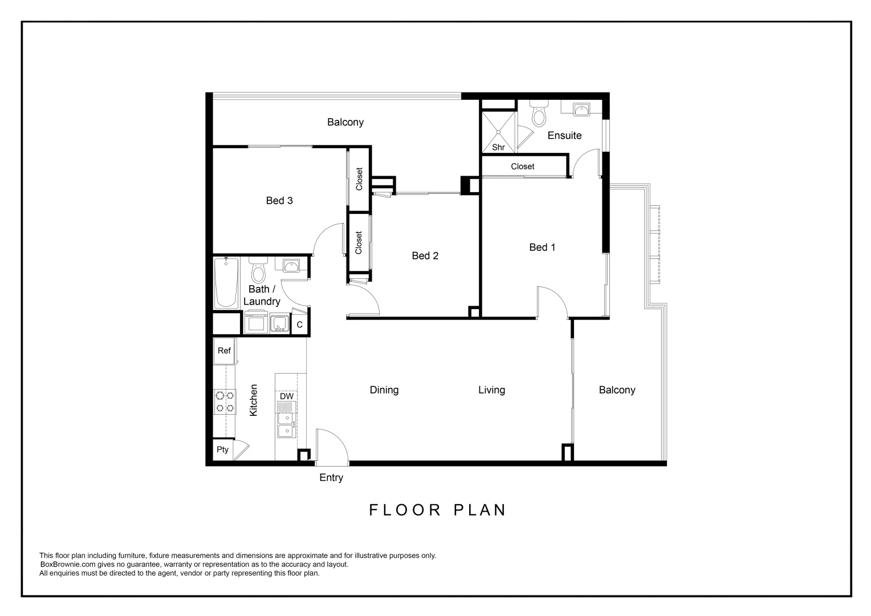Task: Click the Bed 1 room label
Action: tap(542, 247)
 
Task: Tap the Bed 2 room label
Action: tap(425, 256)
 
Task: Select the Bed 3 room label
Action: tap(279, 200)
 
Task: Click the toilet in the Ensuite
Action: tap(538, 115)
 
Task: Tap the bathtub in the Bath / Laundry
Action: tap(226, 283)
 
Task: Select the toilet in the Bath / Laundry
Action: tap(259, 270)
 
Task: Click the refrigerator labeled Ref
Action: tap(224, 351)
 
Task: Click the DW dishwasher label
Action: tap(286, 396)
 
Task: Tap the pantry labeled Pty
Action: tap(222, 449)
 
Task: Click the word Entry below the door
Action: tap(331, 477)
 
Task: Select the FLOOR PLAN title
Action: tap(437, 509)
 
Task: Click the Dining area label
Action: tap(384, 390)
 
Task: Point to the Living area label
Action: tap(491, 390)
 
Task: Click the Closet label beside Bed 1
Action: tap(522, 167)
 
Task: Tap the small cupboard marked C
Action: tap(299, 325)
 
